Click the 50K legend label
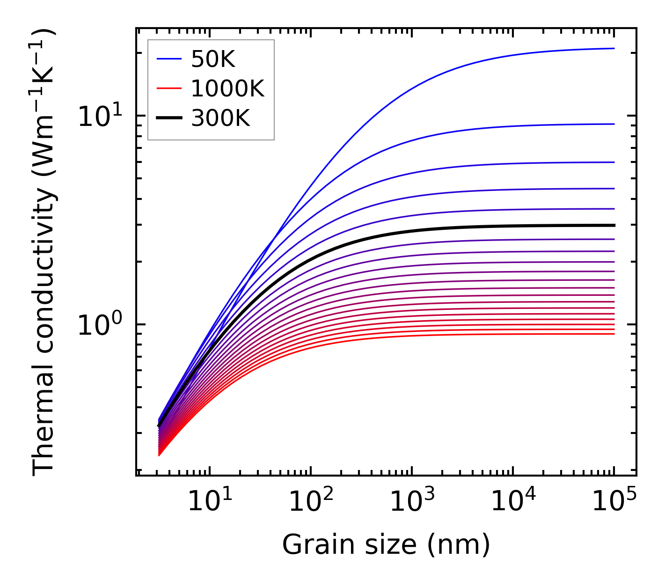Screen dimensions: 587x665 (213, 59)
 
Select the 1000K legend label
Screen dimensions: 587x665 (227, 89)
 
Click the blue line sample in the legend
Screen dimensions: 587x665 (168, 59)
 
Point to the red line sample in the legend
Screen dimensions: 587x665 (168, 88)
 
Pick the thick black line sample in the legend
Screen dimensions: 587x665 (168, 118)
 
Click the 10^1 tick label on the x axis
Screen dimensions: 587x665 (209, 501)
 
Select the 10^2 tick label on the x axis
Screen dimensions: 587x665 (311, 501)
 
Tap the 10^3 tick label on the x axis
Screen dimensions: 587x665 (412, 501)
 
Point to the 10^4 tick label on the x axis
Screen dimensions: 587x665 (513, 501)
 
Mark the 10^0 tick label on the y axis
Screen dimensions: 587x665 (99, 324)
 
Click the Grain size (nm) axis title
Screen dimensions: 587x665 (386, 545)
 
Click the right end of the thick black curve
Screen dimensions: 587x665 (614, 225)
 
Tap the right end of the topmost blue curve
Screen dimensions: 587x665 (614, 48)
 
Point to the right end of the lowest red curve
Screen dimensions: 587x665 (614, 334)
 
